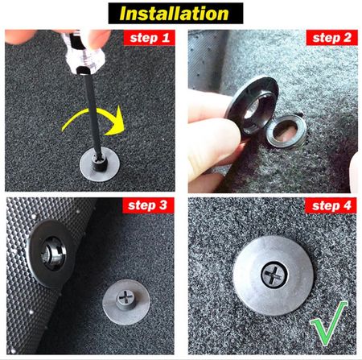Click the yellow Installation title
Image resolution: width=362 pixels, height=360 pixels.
click(x=174, y=14)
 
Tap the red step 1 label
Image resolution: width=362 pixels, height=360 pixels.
click(x=150, y=38)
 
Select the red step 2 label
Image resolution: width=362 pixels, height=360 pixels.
click(x=331, y=38)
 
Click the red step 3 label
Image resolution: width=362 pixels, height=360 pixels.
click(x=148, y=205)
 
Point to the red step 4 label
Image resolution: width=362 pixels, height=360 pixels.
click(x=331, y=205)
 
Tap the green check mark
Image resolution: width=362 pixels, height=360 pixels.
click(x=329, y=324)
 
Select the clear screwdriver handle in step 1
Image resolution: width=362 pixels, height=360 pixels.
click(x=82, y=52)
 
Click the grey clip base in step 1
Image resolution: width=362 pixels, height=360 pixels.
click(x=100, y=163)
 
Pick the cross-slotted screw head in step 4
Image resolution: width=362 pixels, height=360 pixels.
click(x=274, y=275)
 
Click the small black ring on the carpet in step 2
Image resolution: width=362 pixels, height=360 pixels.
click(x=286, y=130)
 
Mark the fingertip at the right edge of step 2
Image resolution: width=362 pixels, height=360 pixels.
click(x=355, y=172)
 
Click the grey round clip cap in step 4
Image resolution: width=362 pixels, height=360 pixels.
click(x=273, y=276)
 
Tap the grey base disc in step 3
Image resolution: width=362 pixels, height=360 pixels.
click(x=126, y=302)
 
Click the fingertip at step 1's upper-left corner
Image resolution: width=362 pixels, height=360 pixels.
click(x=19, y=36)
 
